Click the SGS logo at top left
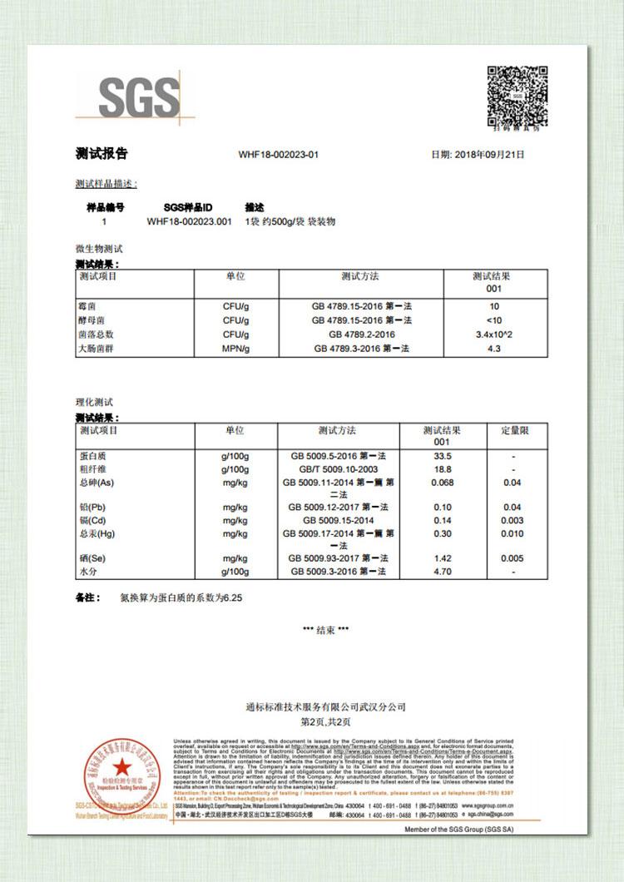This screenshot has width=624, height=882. click(x=139, y=97)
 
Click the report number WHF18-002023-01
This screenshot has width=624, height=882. click(x=279, y=155)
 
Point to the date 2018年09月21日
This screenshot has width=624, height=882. click(x=478, y=155)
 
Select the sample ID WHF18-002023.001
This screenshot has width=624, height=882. click(x=189, y=222)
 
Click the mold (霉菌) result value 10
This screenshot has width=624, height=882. click(x=494, y=306)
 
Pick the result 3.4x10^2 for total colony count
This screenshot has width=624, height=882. click(x=494, y=334)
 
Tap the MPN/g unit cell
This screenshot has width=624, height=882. click(x=235, y=349)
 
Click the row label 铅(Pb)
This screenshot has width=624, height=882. click(x=92, y=508)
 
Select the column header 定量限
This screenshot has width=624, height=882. click(x=513, y=431)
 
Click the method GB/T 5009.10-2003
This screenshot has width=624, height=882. click(x=337, y=470)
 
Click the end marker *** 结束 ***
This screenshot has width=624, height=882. click(x=326, y=630)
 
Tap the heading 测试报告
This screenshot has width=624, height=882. click(x=102, y=154)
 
